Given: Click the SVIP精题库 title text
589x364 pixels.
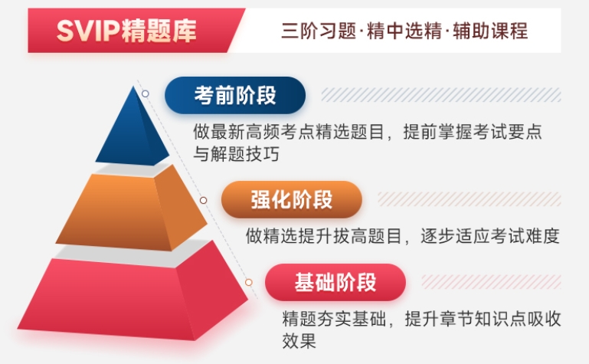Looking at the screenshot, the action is pyautogui.click(x=126, y=31).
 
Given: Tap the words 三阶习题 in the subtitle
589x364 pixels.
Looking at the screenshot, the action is pyautogui.click(x=319, y=31).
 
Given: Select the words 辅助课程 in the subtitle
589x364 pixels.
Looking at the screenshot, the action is pyautogui.click(x=490, y=31).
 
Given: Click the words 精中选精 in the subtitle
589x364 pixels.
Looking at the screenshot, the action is pyautogui.click(x=404, y=31).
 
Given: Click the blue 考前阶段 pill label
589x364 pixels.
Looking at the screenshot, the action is pyautogui.click(x=235, y=96).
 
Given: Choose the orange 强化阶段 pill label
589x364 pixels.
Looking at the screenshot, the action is pyautogui.click(x=292, y=199).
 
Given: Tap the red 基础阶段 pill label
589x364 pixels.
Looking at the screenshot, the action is pyautogui.click(x=335, y=282).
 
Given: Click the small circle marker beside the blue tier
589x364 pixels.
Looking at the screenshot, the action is pyautogui.click(x=146, y=93).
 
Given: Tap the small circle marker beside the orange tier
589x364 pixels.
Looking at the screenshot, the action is pyautogui.click(x=203, y=200).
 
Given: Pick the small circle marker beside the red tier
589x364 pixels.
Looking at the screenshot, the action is pyautogui.click(x=249, y=282).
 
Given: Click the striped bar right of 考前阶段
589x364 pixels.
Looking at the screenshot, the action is pyautogui.click(x=441, y=95).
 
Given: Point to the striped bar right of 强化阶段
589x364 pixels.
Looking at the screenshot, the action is pyautogui.click(x=470, y=199).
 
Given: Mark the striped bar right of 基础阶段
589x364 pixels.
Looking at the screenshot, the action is pyautogui.click(x=491, y=282).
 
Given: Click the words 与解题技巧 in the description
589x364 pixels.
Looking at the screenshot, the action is pyautogui.click(x=236, y=154).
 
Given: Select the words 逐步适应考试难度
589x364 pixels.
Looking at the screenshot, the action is pyautogui.click(x=490, y=236).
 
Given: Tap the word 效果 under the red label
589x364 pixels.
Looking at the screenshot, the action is pyautogui.click(x=299, y=341).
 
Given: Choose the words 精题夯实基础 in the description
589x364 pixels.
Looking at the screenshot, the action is pyautogui.click(x=334, y=319).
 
